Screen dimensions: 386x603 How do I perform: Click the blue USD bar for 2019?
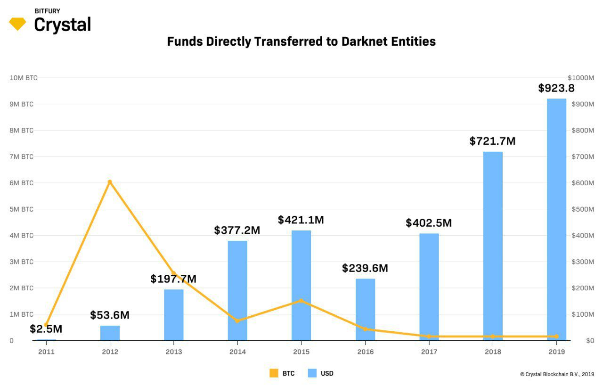(x=556, y=219)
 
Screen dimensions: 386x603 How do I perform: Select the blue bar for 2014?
(x=237, y=290)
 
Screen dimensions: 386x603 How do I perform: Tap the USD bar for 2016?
(x=365, y=309)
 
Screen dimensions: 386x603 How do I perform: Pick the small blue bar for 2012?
(x=110, y=333)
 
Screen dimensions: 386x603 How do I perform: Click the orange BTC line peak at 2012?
(x=110, y=182)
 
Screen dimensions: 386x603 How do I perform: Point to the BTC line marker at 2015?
(x=301, y=301)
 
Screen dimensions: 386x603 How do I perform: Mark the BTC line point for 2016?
(x=365, y=329)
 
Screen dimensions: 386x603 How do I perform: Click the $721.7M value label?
(x=492, y=141)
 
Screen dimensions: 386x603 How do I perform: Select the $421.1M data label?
(x=301, y=220)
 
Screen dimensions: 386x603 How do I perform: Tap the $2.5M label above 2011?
(x=46, y=329)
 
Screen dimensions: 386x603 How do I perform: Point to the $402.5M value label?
(x=428, y=223)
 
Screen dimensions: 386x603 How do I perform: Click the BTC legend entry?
(x=282, y=373)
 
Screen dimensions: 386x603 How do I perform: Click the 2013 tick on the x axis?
(x=174, y=352)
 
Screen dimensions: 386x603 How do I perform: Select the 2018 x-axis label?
(x=493, y=352)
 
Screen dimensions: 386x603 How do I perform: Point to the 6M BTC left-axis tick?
(x=21, y=183)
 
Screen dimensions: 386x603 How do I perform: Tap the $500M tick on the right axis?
(x=580, y=209)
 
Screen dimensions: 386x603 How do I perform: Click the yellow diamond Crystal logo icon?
(x=17, y=24)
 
